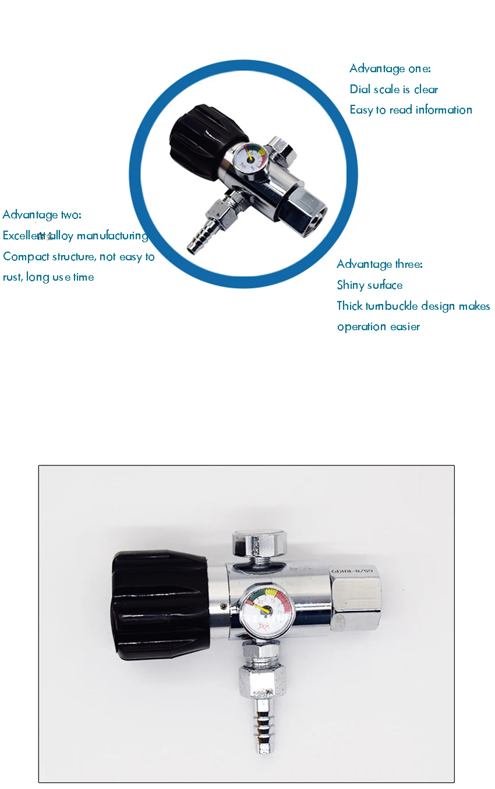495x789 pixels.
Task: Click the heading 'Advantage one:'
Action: [390, 69]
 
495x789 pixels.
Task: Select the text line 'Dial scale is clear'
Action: [394, 90]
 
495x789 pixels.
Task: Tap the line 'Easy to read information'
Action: [411, 110]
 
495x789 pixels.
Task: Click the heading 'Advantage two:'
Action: [42, 215]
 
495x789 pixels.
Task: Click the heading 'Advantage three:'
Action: [380, 264]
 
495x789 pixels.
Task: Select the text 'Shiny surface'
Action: [370, 285]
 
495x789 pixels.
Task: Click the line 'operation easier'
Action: [378, 327]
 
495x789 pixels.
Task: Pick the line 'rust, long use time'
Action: [48, 277]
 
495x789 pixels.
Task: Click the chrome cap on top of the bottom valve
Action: [259, 544]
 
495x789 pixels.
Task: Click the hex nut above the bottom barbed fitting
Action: [262, 681]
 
